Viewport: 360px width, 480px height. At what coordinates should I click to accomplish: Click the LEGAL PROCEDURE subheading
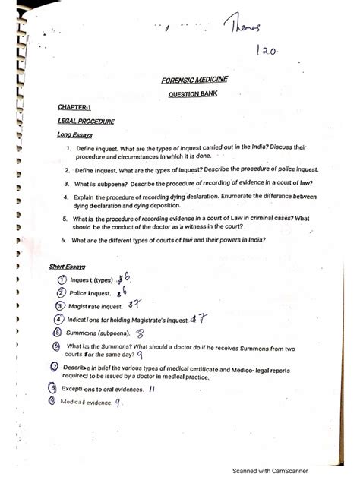tap(86, 122)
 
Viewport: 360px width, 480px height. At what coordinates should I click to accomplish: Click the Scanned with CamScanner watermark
tap(276, 469)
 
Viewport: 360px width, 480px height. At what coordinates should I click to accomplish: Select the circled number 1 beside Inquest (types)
tap(62, 280)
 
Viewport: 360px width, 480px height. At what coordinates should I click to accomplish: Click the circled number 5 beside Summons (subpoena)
tap(57, 332)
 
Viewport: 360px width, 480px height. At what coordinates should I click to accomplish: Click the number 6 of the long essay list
tap(65, 240)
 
